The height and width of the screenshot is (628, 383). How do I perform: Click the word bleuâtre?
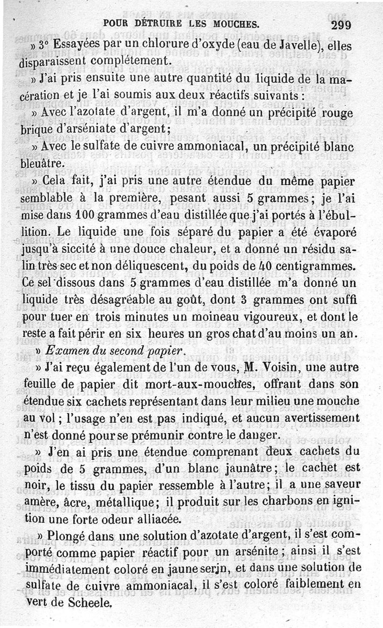click(x=41, y=163)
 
